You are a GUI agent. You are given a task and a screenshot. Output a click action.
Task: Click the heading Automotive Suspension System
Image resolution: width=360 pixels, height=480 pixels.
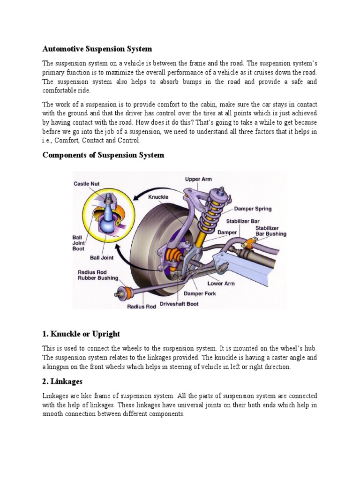coord(97,49)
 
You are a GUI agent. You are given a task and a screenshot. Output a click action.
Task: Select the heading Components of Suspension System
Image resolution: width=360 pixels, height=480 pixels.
coord(103,155)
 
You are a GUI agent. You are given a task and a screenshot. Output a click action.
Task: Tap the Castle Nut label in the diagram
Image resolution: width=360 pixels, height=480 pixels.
coord(86,184)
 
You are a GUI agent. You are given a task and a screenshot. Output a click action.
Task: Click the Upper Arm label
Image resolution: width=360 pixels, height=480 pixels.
coord(198,179)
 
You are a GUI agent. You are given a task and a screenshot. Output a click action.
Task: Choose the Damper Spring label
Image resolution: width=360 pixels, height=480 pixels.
coord(253,209)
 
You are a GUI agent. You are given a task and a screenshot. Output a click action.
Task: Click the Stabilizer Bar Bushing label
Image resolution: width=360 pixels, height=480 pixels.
coord(270,231)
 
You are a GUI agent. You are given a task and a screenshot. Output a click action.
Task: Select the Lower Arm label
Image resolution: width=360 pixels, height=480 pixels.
coord(221,284)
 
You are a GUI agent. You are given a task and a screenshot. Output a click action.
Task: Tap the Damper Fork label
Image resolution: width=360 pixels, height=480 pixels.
coord(200,294)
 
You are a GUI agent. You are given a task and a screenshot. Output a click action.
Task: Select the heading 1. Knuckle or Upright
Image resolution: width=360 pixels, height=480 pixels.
coord(81,334)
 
